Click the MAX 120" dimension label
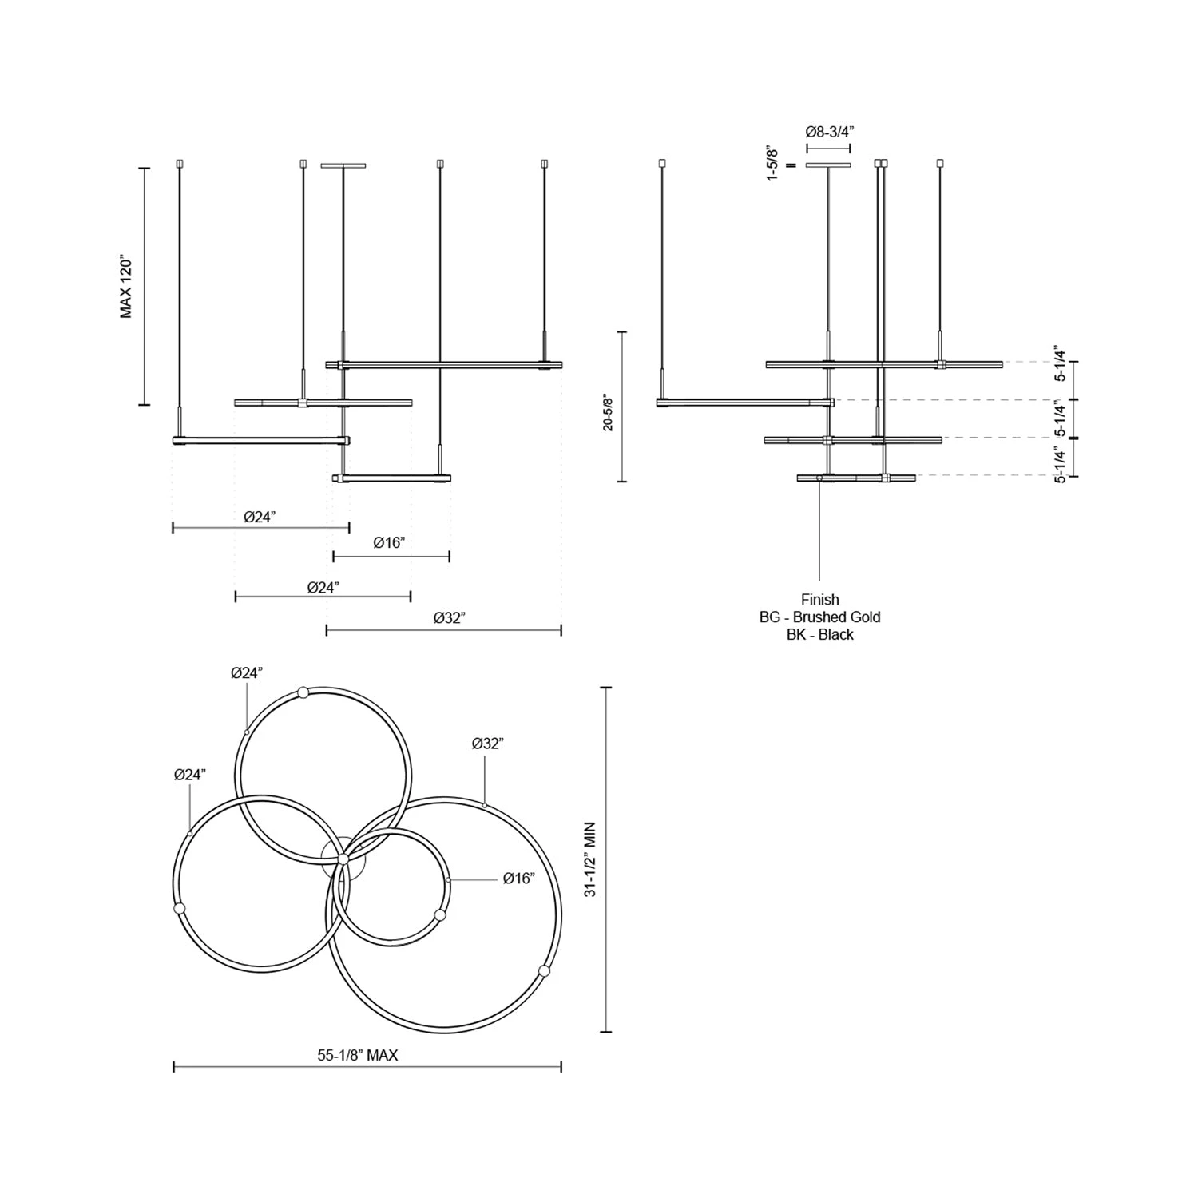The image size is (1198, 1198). [x=126, y=287]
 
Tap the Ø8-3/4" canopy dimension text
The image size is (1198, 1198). [x=828, y=132]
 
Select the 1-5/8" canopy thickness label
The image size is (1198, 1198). [x=772, y=163]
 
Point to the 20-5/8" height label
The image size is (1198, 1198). [x=609, y=412]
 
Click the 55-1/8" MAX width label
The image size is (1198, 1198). [x=358, y=1055]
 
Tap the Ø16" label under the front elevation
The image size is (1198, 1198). [x=389, y=543]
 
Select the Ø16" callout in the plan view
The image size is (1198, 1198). [x=519, y=879]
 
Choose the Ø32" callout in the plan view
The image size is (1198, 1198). [x=488, y=744]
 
